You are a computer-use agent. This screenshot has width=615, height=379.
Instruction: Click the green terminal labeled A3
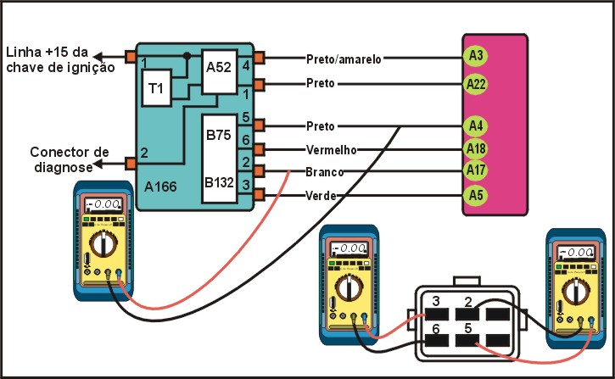point(476,57)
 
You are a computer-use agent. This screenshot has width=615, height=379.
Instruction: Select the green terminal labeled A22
point(476,84)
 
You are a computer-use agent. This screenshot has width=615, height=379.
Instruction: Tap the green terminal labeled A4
point(476,126)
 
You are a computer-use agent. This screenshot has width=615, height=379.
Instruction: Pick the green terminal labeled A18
point(476,149)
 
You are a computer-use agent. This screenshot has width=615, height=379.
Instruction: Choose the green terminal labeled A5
point(476,195)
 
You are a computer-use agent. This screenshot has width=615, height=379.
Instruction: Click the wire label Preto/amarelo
point(344,59)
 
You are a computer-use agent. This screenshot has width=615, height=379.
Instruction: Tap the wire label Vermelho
point(331,150)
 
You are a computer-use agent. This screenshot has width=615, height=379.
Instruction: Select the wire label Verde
point(319,196)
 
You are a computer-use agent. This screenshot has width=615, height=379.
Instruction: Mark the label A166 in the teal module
point(160,184)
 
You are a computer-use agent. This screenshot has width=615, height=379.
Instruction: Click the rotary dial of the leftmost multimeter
point(103,245)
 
